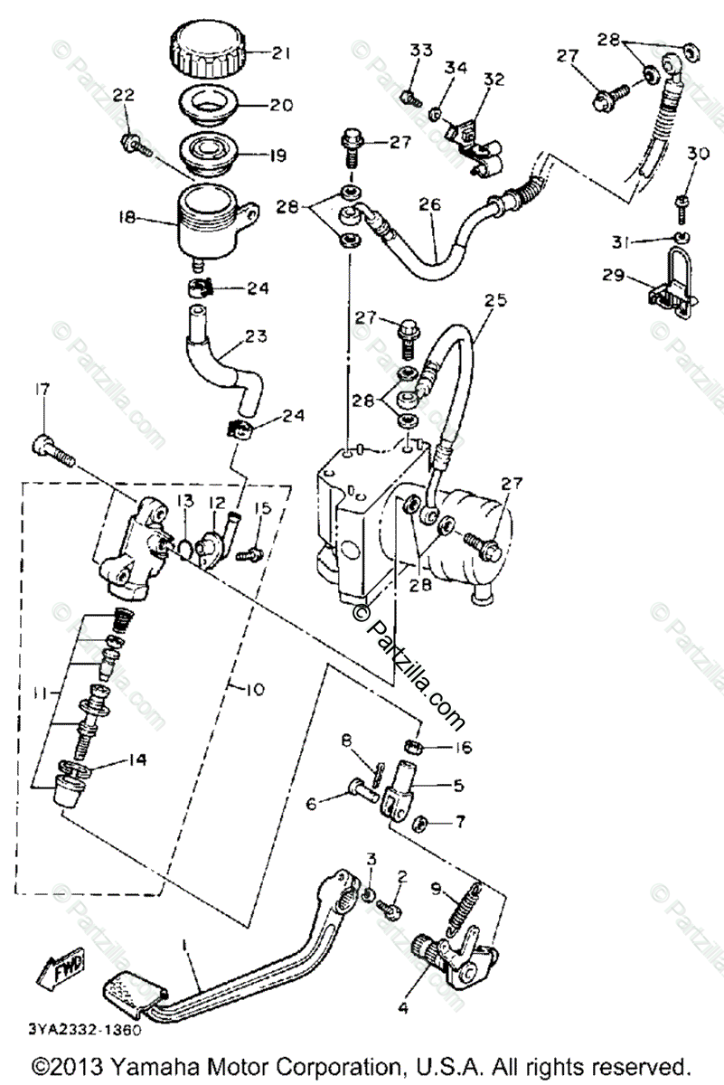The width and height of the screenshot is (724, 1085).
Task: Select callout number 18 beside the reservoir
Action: click(127, 218)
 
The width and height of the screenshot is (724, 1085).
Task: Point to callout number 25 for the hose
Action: click(491, 298)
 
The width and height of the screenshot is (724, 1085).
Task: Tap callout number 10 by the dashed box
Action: click(254, 689)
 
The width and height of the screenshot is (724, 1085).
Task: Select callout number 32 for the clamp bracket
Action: click(493, 79)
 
